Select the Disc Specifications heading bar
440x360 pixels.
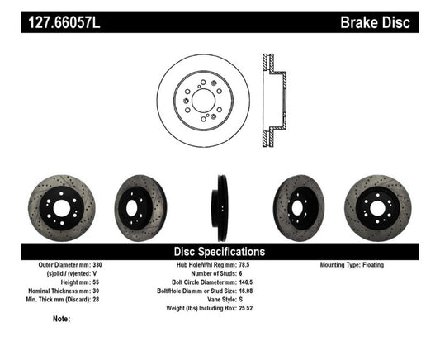(x=219, y=250)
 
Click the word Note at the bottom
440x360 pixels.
(x=61, y=319)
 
